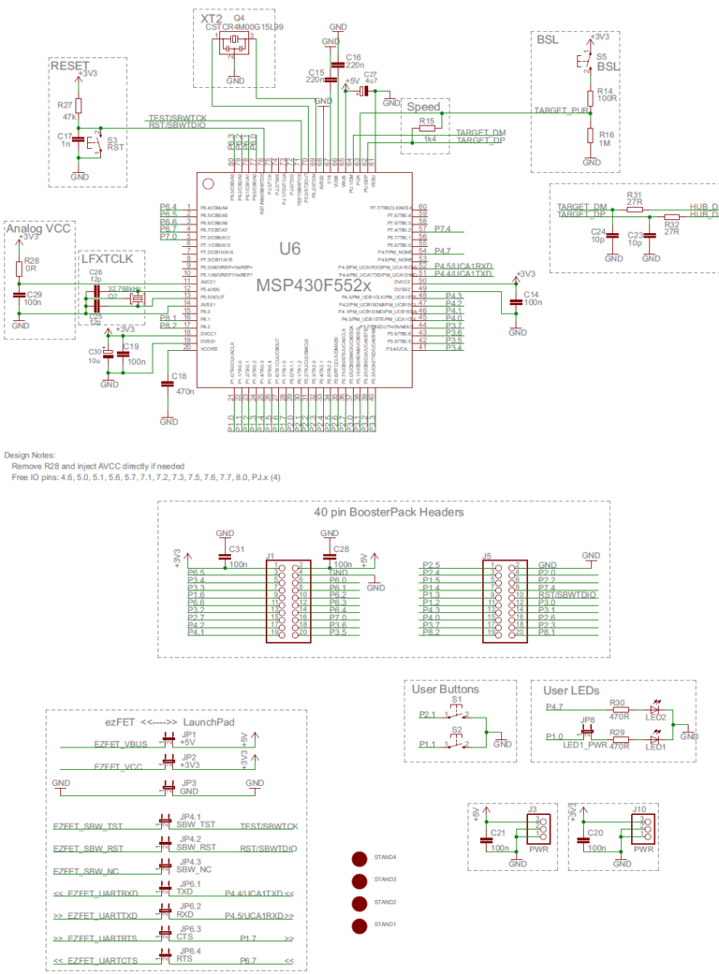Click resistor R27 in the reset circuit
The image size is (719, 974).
point(79,107)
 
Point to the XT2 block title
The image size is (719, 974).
point(211,19)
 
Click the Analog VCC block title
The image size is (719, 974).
point(37,228)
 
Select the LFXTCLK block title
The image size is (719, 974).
point(108,259)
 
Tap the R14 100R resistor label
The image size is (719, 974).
point(606,96)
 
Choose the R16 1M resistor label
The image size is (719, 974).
point(606,139)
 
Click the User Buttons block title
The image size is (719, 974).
point(446,691)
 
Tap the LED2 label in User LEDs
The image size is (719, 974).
point(655,717)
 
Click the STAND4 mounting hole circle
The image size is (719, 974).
point(358,858)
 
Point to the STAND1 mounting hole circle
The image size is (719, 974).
point(358,926)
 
